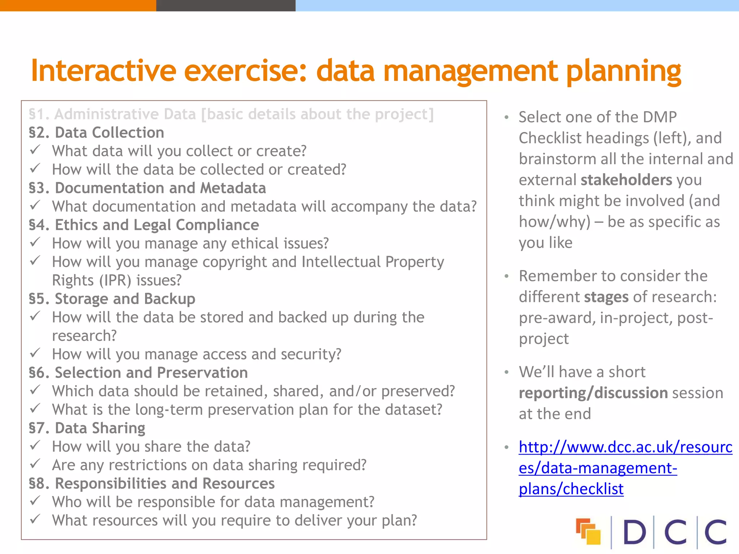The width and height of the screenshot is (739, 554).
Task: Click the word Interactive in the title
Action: [x=103, y=71]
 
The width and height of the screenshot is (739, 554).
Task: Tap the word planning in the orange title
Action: [x=623, y=71]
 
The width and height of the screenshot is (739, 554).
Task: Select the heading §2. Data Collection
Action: [x=96, y=133]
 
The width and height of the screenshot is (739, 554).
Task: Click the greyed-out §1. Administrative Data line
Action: [x=231, y=114]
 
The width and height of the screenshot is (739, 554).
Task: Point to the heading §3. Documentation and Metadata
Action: [x=147, y=188]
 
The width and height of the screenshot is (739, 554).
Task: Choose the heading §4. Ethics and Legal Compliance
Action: [x=144, y=225]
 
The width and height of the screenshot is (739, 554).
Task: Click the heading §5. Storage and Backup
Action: [x=112, y=299]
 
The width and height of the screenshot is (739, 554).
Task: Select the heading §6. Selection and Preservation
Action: [x=138, y=373]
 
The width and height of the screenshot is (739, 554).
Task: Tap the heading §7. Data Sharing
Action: [x=87, y=428]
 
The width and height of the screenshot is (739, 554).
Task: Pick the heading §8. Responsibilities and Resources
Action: [x=152, y=484]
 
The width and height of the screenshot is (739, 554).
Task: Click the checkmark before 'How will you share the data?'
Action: [x=35, y=446]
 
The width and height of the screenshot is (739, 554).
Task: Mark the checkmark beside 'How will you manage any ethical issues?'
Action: [x=35, y=242]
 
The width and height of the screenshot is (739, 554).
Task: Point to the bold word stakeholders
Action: [x=626, y=180]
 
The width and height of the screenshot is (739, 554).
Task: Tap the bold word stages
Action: [x=606, y=297]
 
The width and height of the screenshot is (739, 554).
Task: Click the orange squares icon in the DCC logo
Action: [x=588, y=531]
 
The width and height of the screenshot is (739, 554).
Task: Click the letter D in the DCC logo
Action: [x=634, y=532]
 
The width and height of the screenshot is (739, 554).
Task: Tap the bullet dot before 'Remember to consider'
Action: [x=507, y=276]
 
